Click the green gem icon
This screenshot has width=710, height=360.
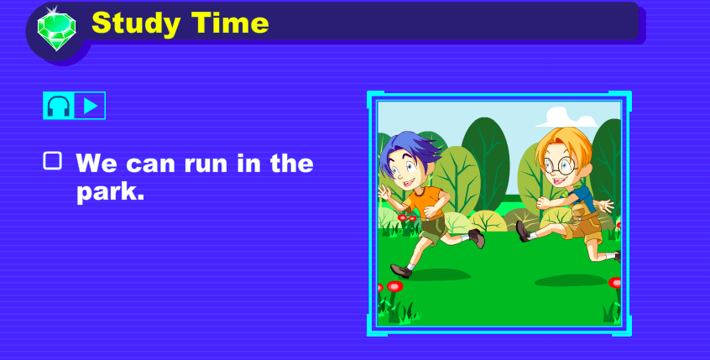[x=56, y=31]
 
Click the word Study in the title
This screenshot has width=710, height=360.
[x=136, y=23]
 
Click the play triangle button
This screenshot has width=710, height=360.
[x=90, y=106]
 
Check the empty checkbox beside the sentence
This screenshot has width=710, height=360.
[x=53, y=161]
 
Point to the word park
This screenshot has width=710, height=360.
[x=110, y=192]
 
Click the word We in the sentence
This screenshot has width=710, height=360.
[x=97, y=163]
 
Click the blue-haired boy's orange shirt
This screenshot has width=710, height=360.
[x=425, y=201]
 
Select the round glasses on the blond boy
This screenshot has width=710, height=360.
[x=561, y=166]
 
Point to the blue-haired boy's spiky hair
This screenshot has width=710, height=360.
[x=410, y=149]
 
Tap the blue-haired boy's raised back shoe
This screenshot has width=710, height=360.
[x=477, y=237]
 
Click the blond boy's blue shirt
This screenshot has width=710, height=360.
[x=583, y=198]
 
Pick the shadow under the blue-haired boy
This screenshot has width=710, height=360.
[x=438, y=274]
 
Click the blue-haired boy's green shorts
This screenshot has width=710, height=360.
[x=433, y=229]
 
